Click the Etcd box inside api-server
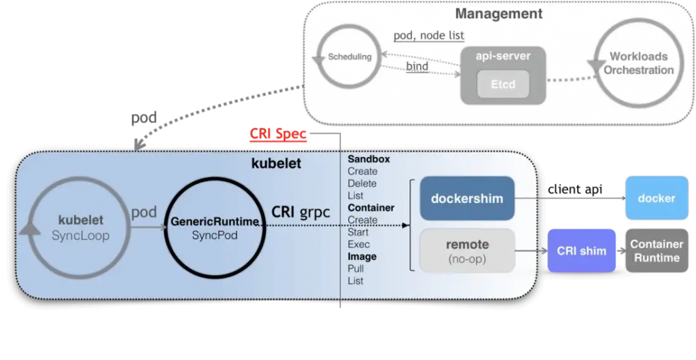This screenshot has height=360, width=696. coord(504,85)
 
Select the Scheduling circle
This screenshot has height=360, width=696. coord(349,57)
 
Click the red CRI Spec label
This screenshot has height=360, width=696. coord(278,134)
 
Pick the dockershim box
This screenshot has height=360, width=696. coord(466,198)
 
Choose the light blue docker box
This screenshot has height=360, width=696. coord(656,198)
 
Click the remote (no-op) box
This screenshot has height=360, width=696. coord(466,251)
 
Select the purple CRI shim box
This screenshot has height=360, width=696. coord(581,251)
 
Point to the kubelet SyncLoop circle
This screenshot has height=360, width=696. coord(80,227)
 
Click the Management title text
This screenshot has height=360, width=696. coord(498,14)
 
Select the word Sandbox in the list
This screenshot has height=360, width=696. coord(368,159)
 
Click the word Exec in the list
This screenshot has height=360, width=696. coord(358,245)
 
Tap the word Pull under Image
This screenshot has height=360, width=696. coord(355,268)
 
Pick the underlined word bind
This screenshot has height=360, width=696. coord(417,67)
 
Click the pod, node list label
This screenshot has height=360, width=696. coord(428,36)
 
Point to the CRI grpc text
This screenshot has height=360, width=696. coord(300,212)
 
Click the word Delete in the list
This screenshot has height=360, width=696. coord(362,183)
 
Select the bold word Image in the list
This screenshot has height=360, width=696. coord(362,257)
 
